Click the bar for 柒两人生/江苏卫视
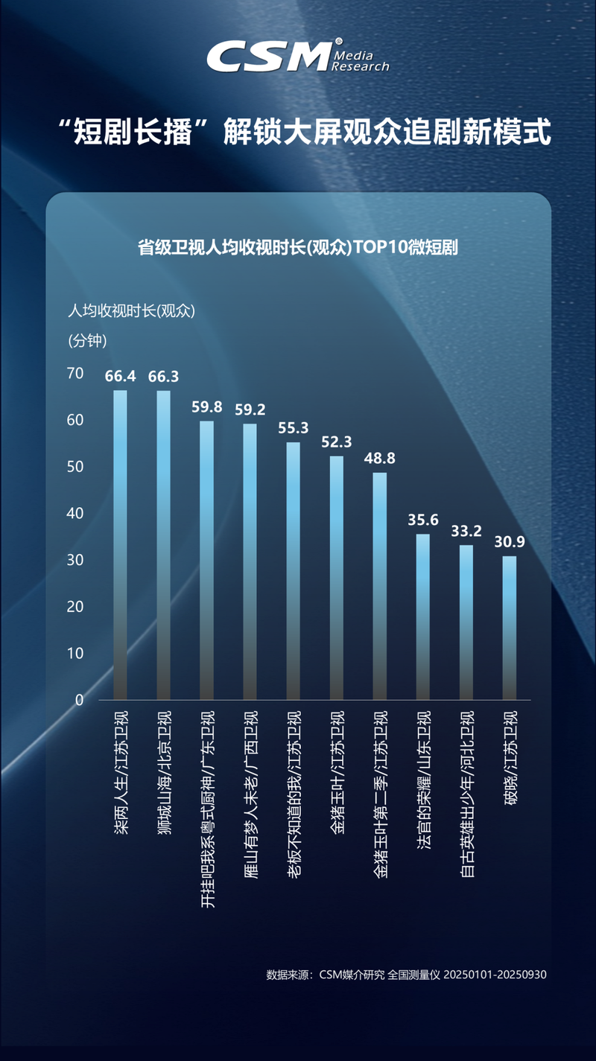(x=120, y=544)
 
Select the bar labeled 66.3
(x=163, y=544)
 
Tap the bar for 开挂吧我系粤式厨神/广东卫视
(x=206, y=558)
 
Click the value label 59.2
(x=250, y=409)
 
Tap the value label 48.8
(x=380, y=458)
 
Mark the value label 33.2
(x=466, y=531)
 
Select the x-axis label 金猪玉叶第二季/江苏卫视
(x=380, y=794)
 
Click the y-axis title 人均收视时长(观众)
(x=131, y=311)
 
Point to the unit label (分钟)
(x=88, y=341)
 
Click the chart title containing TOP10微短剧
(x=298, y=248)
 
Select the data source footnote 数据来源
(x=406, y=974)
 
